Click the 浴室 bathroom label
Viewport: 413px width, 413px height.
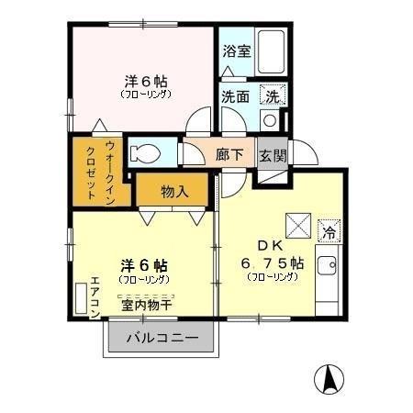236,51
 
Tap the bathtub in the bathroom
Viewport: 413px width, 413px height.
272,51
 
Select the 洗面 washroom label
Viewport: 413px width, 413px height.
235,95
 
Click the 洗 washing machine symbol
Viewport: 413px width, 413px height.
273,95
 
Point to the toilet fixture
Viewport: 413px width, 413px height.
147,151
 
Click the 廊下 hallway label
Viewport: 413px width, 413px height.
229,155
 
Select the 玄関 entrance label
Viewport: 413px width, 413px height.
271,155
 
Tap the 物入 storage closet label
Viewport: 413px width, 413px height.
174,192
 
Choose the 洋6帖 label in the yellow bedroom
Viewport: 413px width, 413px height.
144,263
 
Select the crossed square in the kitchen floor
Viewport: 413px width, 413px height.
295,225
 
